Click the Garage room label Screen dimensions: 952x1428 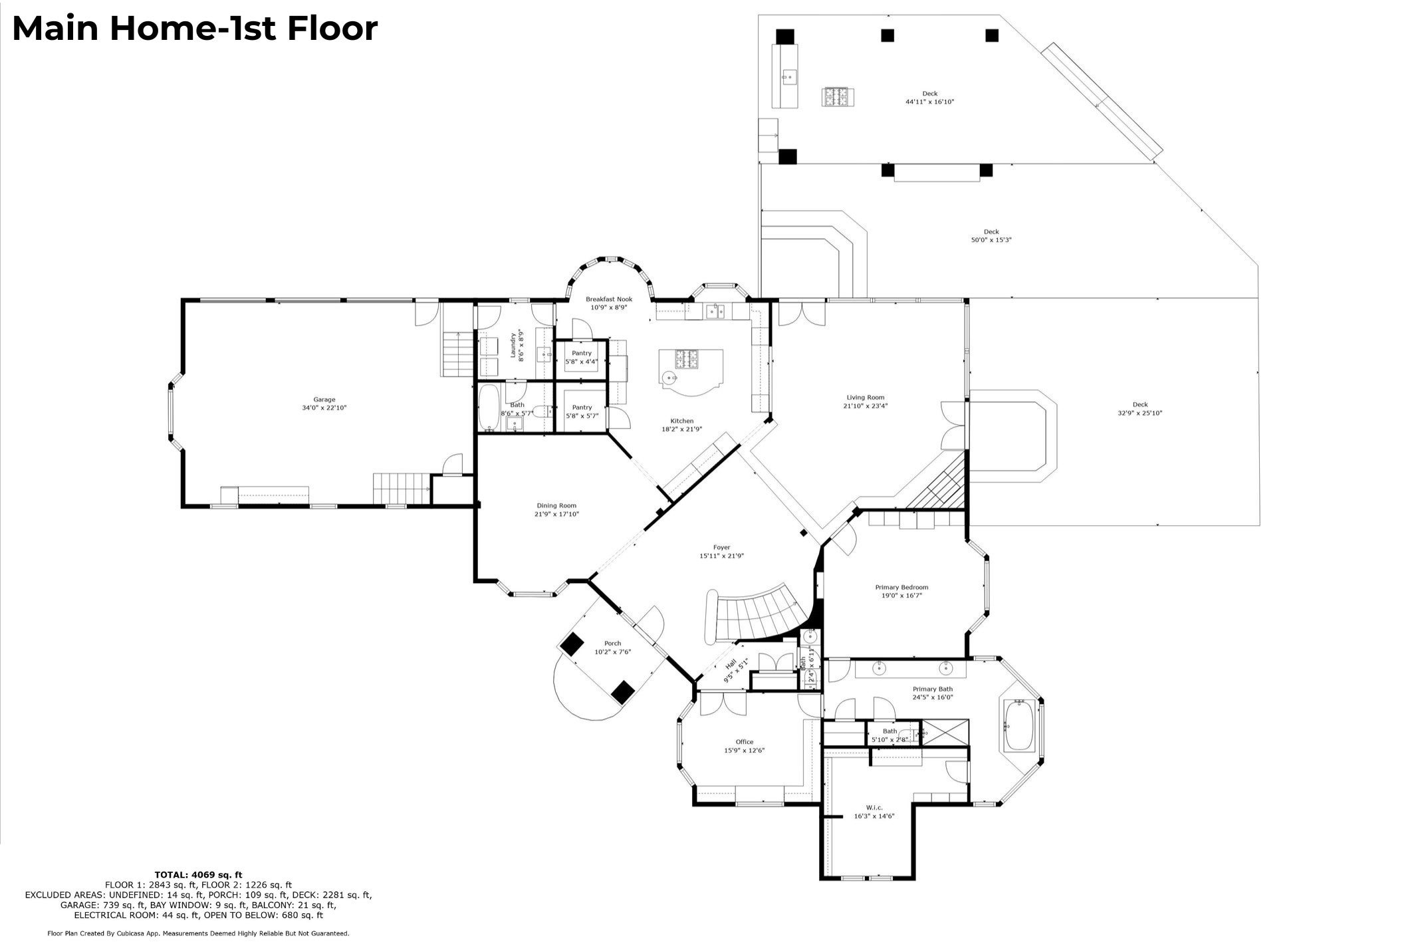click(x=324, y=400)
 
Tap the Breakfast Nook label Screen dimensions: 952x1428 click(x=608, y=299)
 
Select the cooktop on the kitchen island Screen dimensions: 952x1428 click(x=688, y=359)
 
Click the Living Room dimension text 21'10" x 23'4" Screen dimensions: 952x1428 click(x=865, y=406)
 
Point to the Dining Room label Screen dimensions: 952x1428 click(x=556, y=506)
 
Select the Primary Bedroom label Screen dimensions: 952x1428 click(x=901, y=587)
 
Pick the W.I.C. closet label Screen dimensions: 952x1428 click(x=874, y=807)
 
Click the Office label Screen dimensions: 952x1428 click(x=745, y=742)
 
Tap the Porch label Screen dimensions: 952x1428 click(x=612, y=643)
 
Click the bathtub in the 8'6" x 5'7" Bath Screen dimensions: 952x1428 click(x=489, y=408)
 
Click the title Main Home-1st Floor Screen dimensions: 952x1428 click(x=195, y=29)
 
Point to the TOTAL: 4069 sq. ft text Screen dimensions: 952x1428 click(x=198, y=874)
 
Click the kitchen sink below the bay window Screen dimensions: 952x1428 click(x=715, y=310)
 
